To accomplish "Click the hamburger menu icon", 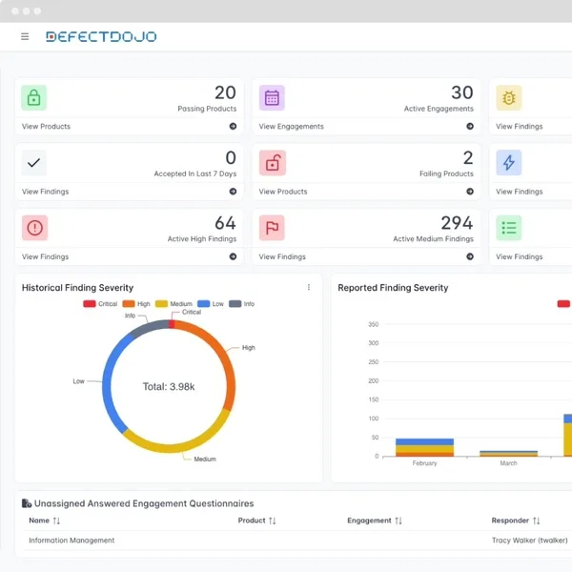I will pyautogui.click(x=25, y=37).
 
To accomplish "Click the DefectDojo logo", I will pyautogui.click(x=101, y=37).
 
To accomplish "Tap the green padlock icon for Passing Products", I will pyautogui.click(x=34, y=97).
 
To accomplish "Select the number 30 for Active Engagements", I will pyautogui.click(x=461, y=92).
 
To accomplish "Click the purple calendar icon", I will pyautogui.click(x=272, y=97).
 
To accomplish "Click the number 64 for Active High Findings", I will pyautogui.click(x=225, y=223).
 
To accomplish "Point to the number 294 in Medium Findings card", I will pyautogui.click(x=457, y=223).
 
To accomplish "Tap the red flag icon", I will pyautogui.click(x=272, y=228).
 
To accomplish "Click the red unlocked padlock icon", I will pyautogui.click(x=272, y=163).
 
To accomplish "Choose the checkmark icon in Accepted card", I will pyautogui.click(x=34, y=163).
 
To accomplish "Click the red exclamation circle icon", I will pyautogui.click(x=34, y=228).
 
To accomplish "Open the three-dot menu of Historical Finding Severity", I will pyautogui.click(x=309, y=287).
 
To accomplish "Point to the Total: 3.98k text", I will pyautogui.click(x=168, y=386).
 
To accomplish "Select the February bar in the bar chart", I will pyautogui.click(x=424, y=448).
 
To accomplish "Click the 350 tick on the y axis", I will pyautogui.click(x=373, y=324).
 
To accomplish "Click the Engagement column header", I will pyautogui.click(x=370, y=521).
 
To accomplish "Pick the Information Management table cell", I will pyautogui.click(x=71, y=541).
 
